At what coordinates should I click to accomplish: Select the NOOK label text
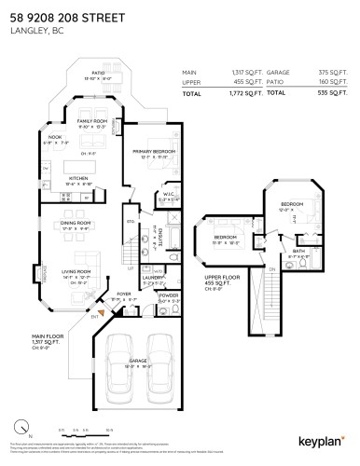(x=55, y=138)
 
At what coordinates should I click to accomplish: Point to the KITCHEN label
(x=77, y=180)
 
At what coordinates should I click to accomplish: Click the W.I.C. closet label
(x=162, y=195)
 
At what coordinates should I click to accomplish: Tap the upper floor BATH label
(x=298, y=249)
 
